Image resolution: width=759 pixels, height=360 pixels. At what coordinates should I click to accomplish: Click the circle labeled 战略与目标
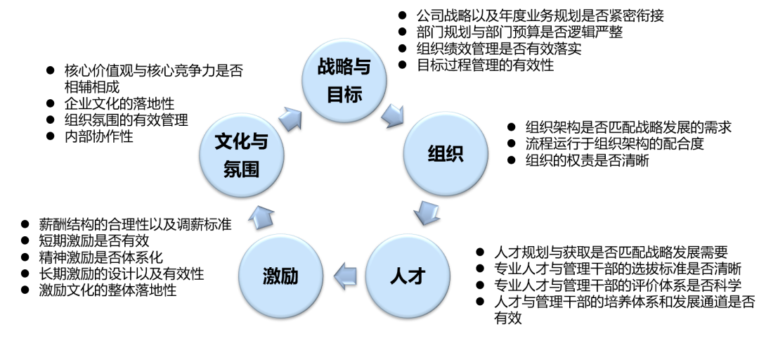pos(344,80)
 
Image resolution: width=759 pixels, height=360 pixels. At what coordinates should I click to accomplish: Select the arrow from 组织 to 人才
pos(427,212)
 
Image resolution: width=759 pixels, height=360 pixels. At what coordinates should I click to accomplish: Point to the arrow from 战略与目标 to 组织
pos(396,112)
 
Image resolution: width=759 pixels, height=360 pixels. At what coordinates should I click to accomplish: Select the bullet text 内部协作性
pos(98,136)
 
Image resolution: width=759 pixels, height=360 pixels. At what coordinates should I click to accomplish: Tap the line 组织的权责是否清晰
pos(587,160)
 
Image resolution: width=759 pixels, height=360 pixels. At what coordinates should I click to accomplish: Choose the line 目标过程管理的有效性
pos(485,65)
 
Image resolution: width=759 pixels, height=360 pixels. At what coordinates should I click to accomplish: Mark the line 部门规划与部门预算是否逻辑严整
pos(519,32)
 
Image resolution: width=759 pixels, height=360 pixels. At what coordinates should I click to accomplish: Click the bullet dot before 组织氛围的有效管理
pos(50,120)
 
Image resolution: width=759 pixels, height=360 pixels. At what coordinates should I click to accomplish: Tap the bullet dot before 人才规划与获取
pos(480,252)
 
